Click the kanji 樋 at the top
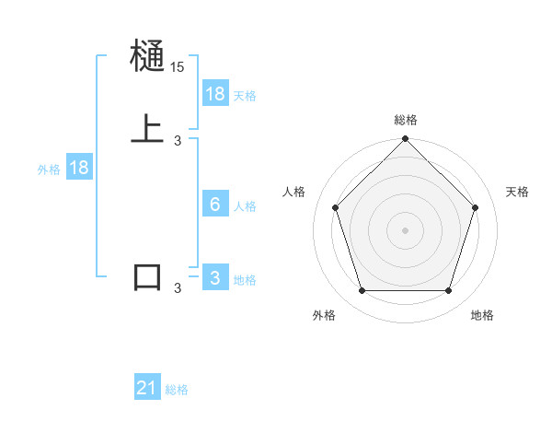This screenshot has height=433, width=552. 147,57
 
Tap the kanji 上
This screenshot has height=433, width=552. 147,128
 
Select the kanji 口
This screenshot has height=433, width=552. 147,276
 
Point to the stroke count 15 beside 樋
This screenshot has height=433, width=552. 178,68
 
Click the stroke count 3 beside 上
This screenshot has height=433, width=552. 178,140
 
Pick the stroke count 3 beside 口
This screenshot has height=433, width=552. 178,288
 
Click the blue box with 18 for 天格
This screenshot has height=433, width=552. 215,94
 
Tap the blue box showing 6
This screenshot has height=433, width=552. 215,205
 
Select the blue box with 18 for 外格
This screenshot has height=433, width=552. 79,168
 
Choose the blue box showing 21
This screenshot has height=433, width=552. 147,389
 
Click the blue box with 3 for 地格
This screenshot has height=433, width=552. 215,278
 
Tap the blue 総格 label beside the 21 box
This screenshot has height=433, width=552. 177,391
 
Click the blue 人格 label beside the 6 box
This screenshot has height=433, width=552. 245,206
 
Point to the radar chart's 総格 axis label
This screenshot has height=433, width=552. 405,120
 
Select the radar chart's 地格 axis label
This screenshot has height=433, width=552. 482,315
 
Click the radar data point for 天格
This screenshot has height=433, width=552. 476,207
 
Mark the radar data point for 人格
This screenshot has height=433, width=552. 335,207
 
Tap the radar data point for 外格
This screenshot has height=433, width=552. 362,291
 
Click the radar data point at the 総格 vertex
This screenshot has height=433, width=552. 405,140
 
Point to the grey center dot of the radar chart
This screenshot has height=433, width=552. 405,230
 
